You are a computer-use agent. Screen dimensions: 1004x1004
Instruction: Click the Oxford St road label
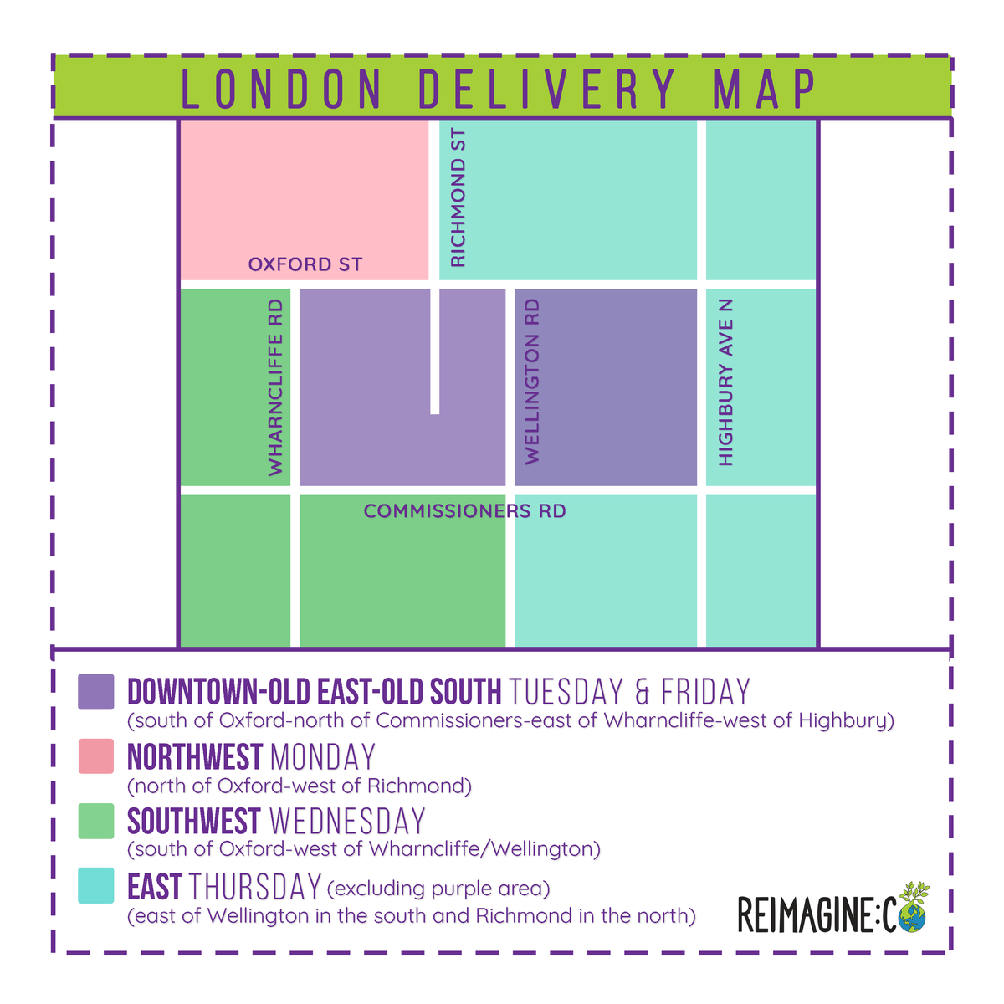pyautogui.click(x=305, y=264)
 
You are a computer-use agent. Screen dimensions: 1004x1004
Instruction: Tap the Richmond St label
pyautogui.click(x=458, y=198)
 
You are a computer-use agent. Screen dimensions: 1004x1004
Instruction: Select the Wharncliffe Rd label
pyautogui.click(x=275, y=388)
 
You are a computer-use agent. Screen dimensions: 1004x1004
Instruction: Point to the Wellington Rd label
pyautogui.click(x=532, y=382)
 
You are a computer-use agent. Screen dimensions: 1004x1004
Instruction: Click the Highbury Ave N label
pyautogui.click(x=725, y=382)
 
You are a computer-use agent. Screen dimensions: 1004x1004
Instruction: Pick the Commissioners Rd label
pyautogui.click(x=464, y=510)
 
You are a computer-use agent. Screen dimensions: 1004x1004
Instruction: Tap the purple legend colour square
pyautogui.click(x=95, y=692)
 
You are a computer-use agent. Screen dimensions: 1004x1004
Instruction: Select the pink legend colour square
pyautogui.click(x=95, y=756)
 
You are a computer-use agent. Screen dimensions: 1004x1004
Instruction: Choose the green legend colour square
pyautogui.click(x=95, y=821)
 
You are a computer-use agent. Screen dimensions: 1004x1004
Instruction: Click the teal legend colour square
pyautogui.click(x=95, y=885)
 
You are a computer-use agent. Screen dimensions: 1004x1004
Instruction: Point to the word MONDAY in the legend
pyautogui.click(x=323, y=757)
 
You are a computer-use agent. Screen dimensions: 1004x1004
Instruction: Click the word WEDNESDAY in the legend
pyautogui.click(x=347, y=822)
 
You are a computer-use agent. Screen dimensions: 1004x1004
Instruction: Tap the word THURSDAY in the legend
pyautogui.click(x=255, y=886)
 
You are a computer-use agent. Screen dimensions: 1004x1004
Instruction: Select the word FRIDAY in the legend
pyautogui.click(x=705, y=693)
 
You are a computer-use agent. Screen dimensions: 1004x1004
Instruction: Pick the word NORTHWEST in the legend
pyautogui.click(x=195, y=757)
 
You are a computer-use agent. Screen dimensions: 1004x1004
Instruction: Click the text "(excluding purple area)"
pyautogui.click(x=438, y=888)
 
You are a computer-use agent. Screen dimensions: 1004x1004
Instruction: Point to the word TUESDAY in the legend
pyautogui.click(x=566, y=693)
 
